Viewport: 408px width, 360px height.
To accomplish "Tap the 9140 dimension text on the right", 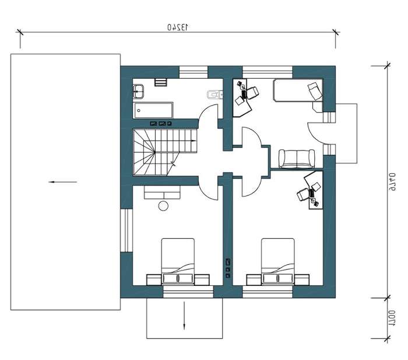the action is click(x=392, y=182).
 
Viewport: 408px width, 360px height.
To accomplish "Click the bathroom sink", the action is click(x=138, y=91).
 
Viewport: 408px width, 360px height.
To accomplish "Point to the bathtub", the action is click(x=153, y=110).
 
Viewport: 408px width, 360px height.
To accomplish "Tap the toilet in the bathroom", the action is click(x=215, y=95).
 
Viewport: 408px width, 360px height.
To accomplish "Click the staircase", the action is click(x=165, y=152).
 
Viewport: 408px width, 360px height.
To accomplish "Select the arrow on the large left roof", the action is click(x=63, y=182).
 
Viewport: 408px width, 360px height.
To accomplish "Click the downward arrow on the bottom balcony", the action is click(x=184, y=316).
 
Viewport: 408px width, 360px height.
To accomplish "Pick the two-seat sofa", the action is click(x=297, y=159).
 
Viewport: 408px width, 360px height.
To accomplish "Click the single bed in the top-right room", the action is click(x=298, y=90).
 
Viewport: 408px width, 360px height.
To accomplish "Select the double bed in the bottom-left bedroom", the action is click(x=178, y=261).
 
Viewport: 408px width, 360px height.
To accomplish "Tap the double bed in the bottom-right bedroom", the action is click(x=278, y=261).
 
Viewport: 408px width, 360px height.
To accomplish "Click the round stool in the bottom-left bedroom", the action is click(x=163, y=206).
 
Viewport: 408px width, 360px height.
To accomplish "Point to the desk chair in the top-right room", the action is click(x=252, y=93).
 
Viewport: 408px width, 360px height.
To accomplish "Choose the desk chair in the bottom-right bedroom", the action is click(x=303, y=194).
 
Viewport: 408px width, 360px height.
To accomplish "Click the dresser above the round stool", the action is click(x=163, y=193).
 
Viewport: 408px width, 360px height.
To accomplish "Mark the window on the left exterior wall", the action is click(x=126, y=230).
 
